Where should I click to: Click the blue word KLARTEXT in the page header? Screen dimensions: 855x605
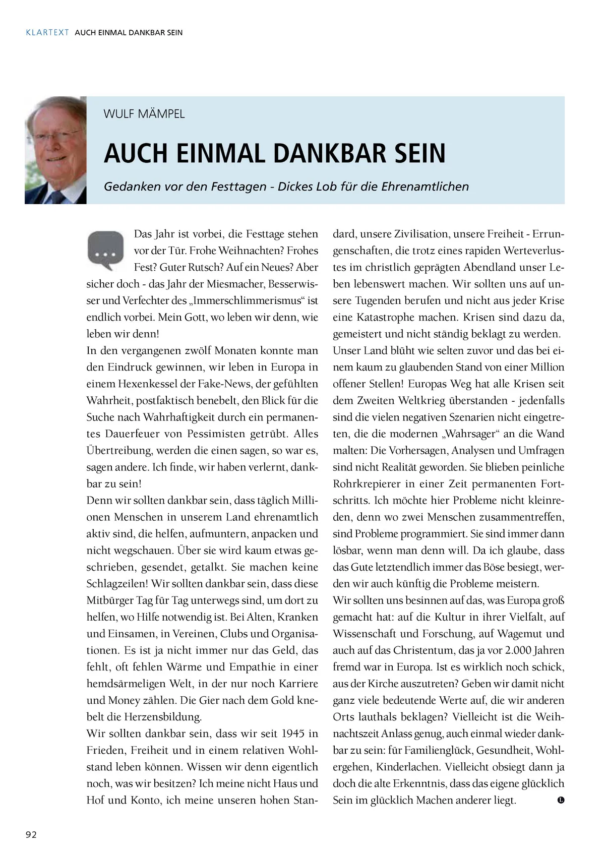tap(47, 33)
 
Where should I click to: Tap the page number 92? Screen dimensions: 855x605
tap(31, 834)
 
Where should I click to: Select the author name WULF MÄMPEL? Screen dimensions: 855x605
tap(144, 114)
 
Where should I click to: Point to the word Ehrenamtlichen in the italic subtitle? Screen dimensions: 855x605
tap(425, 187)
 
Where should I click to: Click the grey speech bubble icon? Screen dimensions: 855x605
tap(105, 251)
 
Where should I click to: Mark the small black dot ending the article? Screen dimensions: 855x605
tap(561, 800)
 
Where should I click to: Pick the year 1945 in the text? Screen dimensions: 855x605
tap(293, 734)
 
